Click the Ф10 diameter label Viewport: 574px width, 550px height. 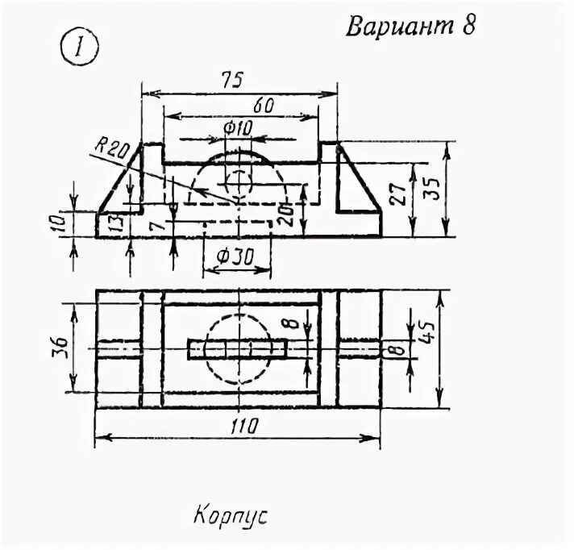click(239, 127)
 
